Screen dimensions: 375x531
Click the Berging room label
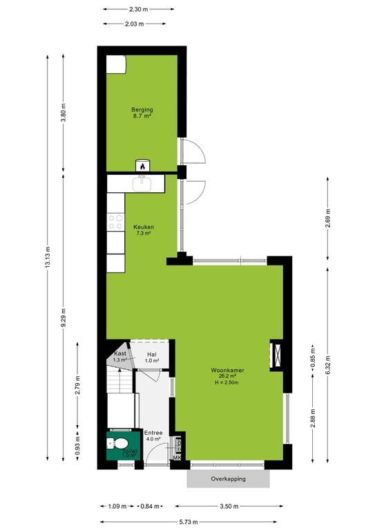pos(142,110)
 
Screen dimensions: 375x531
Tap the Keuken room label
pos(144,227)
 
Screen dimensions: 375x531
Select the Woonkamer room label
pos(227,370)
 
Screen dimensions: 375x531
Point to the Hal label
pos(152,354)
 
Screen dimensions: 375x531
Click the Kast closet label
pos(120,353)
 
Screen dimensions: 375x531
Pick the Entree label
pos(153,433)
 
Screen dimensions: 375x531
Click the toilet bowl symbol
pos(117,443)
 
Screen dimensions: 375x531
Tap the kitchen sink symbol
pos(142,183)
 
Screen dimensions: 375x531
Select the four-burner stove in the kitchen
pos(115,222)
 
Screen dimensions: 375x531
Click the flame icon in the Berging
pos(143,166)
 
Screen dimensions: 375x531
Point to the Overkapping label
pos(229,479)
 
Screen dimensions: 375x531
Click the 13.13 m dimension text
pos(47,257)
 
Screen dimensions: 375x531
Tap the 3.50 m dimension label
pos(229,506)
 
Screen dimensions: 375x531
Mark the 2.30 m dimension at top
pos(138,10)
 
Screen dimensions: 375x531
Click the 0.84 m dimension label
pos(150,506)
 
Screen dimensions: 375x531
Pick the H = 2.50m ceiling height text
pos(227,382)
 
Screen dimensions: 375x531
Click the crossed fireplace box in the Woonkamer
pos(277,355)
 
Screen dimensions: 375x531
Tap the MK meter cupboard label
pos(177,458)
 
